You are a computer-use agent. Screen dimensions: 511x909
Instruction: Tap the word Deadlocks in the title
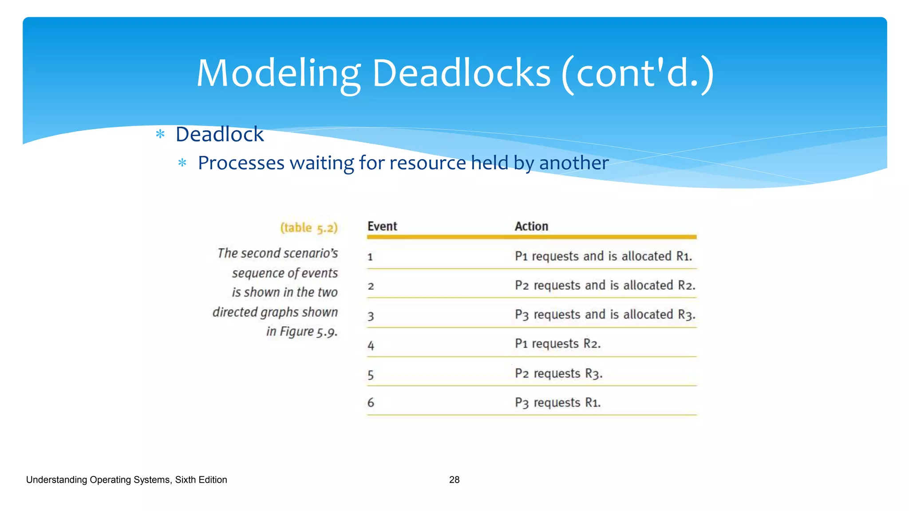pyautogui.click(x=461, y=74)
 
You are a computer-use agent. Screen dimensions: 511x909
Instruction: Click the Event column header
pyautogui.click(x=382, y=226)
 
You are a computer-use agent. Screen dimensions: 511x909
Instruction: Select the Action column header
pyautogui.click(x=531, y=226)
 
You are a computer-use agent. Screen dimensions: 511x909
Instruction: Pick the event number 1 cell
pyautogui.click(x=370, y=257)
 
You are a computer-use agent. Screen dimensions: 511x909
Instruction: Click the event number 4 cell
pyautogui.click(x=371, y=346)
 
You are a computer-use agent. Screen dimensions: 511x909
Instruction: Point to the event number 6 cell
pyautogui.click(x=371, y=403)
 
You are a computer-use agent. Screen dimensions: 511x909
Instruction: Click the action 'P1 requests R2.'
pyautogui.click(x=558, y=344)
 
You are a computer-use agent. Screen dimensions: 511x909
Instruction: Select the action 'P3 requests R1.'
pyautogui.click(x=558, y=403)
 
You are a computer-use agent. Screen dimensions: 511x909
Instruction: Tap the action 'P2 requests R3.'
pyautogui.click(x=559, y=373)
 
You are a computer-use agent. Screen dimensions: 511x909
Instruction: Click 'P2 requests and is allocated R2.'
pyautogui.click(x=605, y=285)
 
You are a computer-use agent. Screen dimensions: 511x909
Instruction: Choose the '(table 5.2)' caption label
pyautogui.click(x=309, y=228)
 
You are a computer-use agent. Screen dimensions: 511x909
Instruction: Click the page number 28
pyautogui.click(x=454, y=480)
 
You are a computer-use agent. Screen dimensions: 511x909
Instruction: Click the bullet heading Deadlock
pyautogui.click(x=220, y=134)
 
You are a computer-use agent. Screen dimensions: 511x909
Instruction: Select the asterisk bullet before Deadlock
pyautogui.click(x=160, y=134)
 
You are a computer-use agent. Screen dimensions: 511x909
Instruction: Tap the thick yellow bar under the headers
pyautogui.click(x=532, y=237)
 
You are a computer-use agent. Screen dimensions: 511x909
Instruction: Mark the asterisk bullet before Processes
pyautogui.click(x=182, y=163)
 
